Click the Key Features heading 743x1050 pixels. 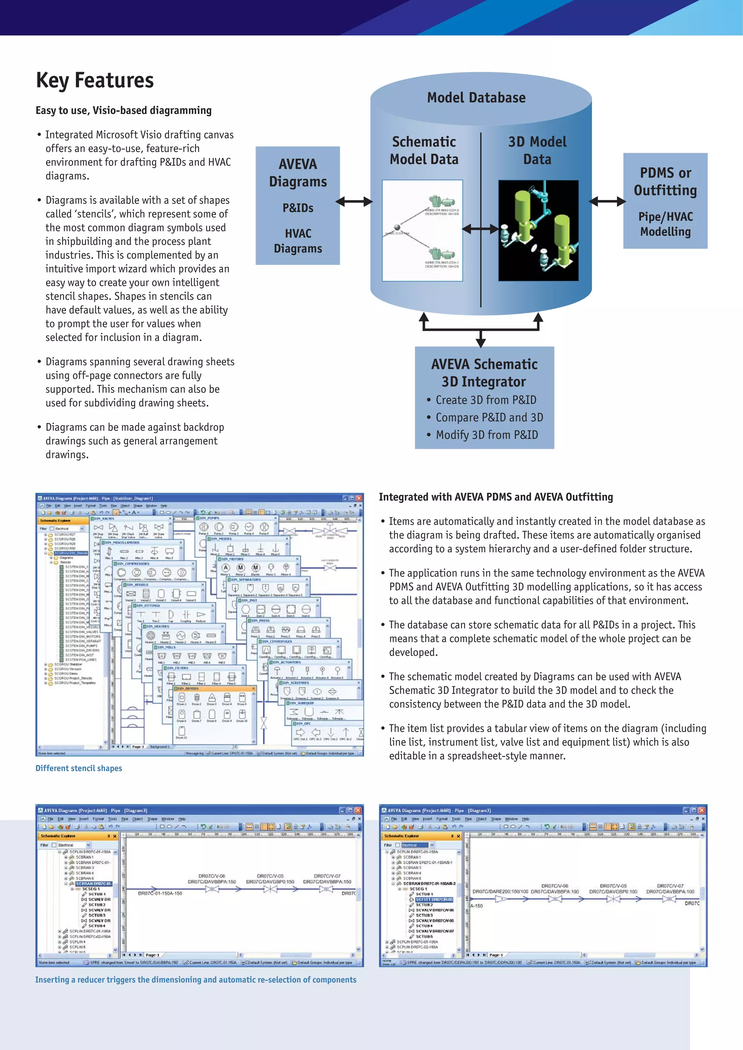[x=95, y=80]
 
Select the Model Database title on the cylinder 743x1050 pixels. [x=476, y=97]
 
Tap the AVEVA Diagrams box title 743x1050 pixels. [x=297, y=173]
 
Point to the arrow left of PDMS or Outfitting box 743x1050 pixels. [x=607, y=201]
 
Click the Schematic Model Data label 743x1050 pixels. [x=423, y=150]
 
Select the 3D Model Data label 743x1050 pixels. [x=537, y=150]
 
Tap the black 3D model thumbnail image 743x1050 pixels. [x=538, y=231]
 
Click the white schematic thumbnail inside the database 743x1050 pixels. [x=422, y=231]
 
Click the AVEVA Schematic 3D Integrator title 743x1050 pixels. [x=484, y=373]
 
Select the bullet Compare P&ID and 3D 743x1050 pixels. [x=489, y=418]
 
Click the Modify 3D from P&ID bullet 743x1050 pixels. [x=486, y=435]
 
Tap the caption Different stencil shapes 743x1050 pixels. [x=79, y=768]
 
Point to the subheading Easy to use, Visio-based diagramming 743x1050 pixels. [x=124, y=111]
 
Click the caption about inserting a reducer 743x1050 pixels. [x=196, y=980]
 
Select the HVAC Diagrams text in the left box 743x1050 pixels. [x=297, y=241]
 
